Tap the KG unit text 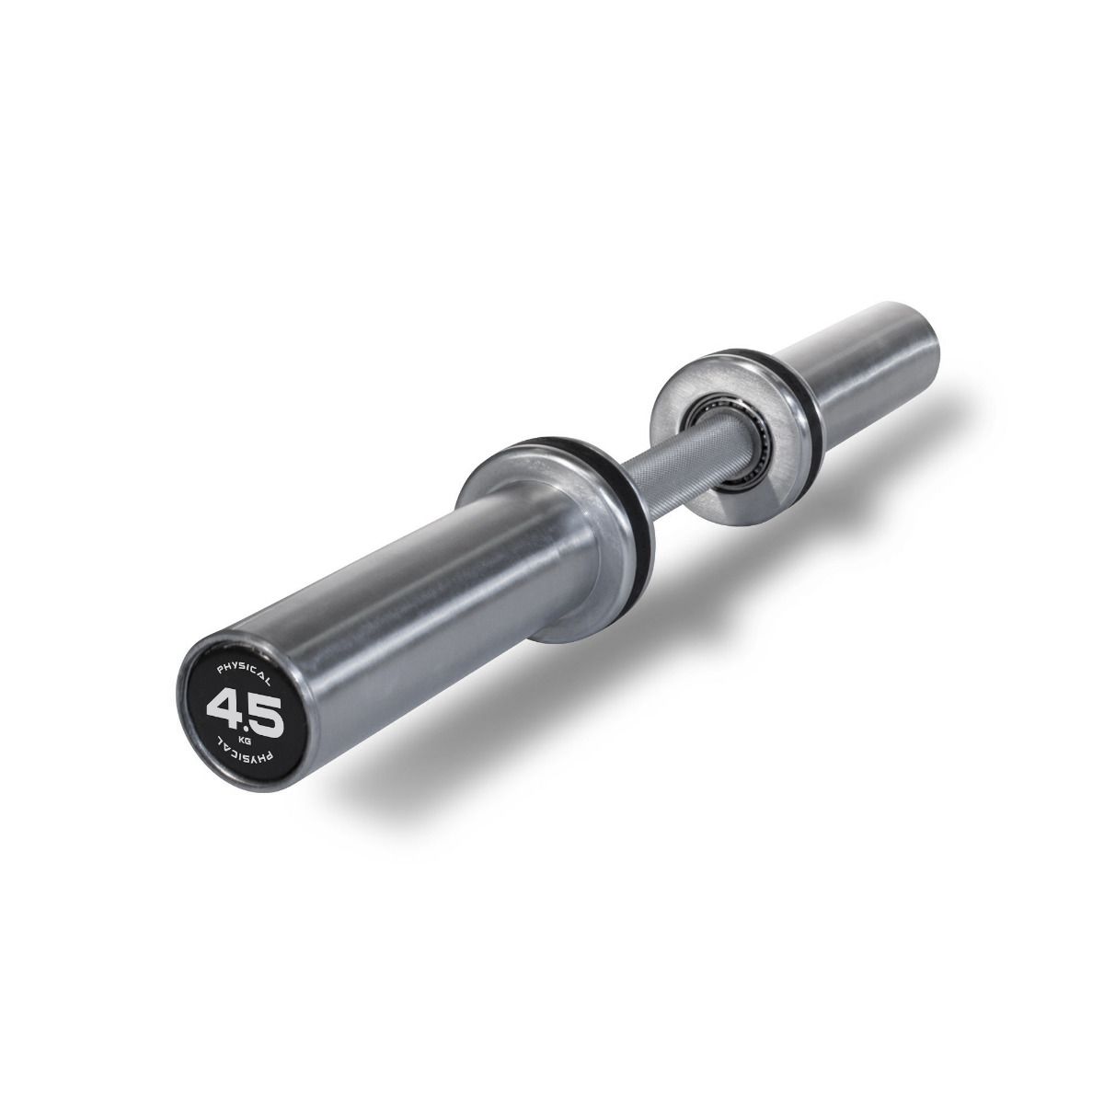(x=243, y=739)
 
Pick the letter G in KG (x=247, y=740)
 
